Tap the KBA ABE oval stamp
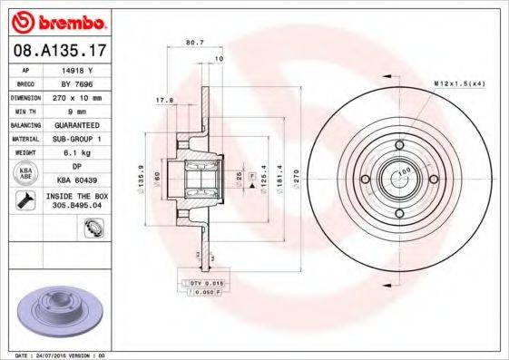(25, 173)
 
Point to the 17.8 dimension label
(164, 100)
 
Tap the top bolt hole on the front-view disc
(400, 144)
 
